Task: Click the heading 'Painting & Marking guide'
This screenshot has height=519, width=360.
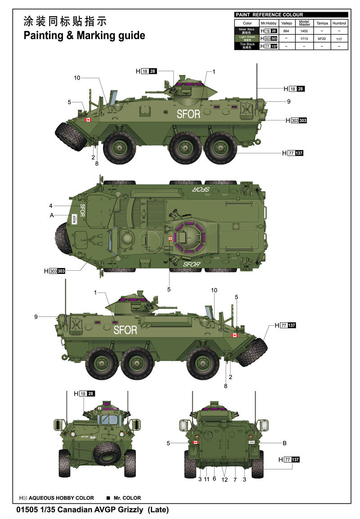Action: coord(84,36)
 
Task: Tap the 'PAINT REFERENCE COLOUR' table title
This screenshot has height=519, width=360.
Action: coord(269,15)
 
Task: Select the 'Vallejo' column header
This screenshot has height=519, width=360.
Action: coord(287,23)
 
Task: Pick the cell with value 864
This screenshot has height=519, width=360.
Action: coord(286,31)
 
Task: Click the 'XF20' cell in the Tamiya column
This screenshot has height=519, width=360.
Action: coord(322,39)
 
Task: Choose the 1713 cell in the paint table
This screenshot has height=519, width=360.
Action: coord(304,39)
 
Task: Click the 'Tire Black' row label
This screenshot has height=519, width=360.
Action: coord(247,46)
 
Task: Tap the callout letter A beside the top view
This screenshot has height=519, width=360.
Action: coord(52,215)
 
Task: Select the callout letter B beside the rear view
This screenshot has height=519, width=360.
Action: coord(284,443)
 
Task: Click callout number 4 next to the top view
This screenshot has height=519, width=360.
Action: coord(51,206)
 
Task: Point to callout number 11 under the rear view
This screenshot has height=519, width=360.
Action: coord(207,480)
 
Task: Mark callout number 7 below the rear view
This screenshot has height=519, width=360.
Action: coord(235,480)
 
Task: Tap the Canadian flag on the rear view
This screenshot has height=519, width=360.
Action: coord(195,443)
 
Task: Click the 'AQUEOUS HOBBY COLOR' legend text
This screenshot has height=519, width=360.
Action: coord(61,498)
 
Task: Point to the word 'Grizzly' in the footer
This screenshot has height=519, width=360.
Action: coord(129,510)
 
